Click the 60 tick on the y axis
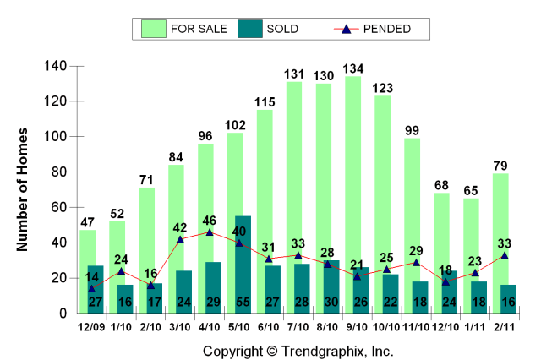click(x=56, y=207)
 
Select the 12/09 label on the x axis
click(x=92, y=326)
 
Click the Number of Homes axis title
click(x=24, y=189)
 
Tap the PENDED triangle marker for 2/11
click(x=505, y=254)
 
